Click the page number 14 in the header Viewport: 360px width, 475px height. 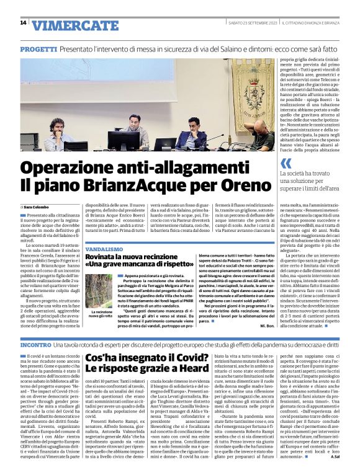click(x=23, y=23)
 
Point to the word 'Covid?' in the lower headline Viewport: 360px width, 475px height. click(x=186, y=358)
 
